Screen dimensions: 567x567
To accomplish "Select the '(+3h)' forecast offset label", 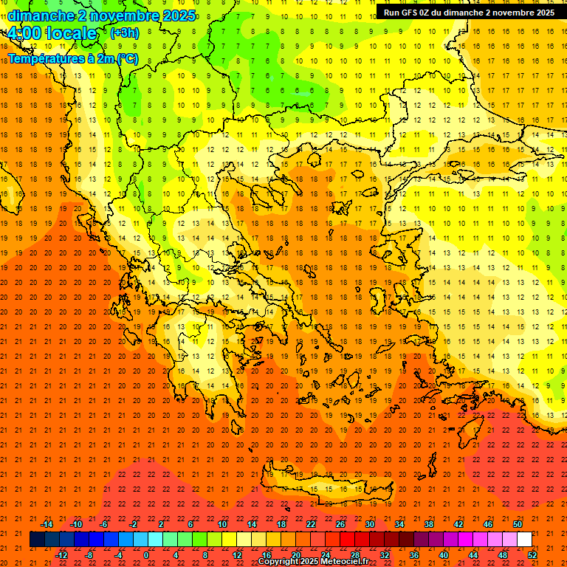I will [123, 32].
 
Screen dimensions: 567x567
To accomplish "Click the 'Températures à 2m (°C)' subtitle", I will [73, 58].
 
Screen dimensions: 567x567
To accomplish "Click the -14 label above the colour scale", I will [47, 524].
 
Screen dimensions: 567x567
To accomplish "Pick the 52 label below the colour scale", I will [533, 555].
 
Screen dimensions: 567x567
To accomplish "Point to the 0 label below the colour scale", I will [146, 555].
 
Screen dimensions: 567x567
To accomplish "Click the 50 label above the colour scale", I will [518, 524].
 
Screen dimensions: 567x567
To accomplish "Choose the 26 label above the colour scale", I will [340, 524].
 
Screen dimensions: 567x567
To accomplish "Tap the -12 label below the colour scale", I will [61, 555].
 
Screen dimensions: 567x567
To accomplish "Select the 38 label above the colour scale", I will [429, 524].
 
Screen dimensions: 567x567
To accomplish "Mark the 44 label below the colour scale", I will [473, 555].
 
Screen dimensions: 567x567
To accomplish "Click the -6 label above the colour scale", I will [104, 524].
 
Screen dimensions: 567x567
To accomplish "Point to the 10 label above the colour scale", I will [222, 524].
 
